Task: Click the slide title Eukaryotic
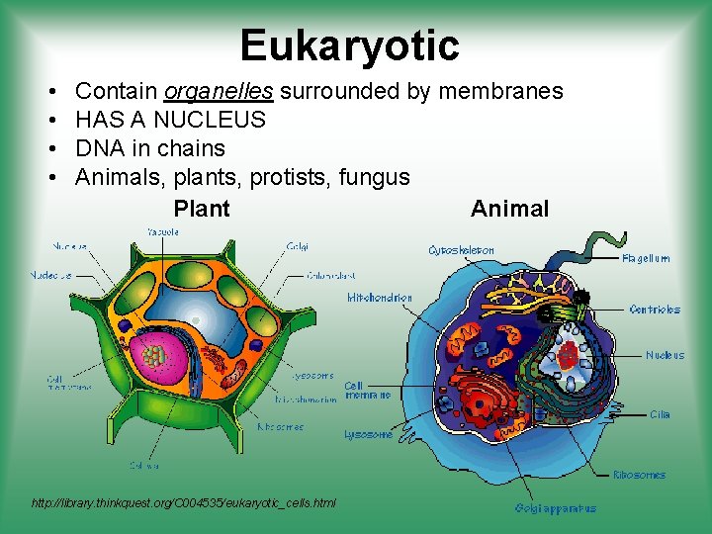click(x=349, y=45)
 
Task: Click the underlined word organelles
click(x=219, y=92)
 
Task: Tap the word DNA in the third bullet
click(x=99, y=149)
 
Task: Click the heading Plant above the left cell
click(x=201, y=209)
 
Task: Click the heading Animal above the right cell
click(x=509, y=209)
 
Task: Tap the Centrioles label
click(x=655, y=310)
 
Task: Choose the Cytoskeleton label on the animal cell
click(x=461, y=251)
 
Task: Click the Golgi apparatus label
click(x=555, y=508)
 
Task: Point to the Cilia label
click(x=660, y=414)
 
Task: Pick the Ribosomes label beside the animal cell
click(x=639, y=475)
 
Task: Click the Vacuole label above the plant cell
click(x=163, y=231)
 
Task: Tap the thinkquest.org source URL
click(x=184, y=503)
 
